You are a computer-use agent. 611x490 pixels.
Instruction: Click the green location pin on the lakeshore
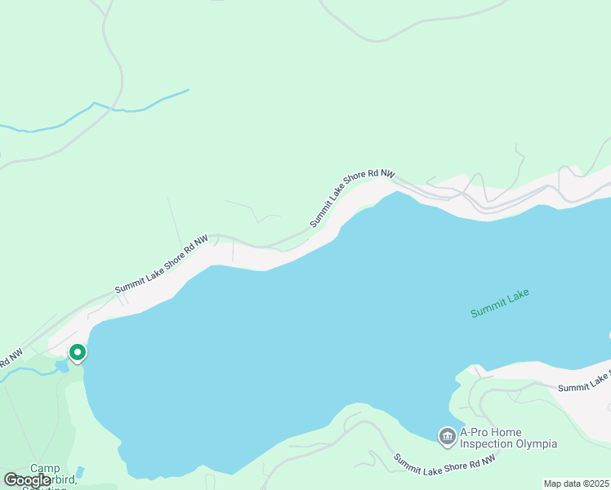coord(78,353)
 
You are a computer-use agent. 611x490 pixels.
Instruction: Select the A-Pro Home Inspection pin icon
coord(447,438)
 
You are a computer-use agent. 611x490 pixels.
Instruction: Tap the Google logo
coord(27,479)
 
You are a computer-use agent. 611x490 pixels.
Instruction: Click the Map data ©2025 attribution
coord(576,483)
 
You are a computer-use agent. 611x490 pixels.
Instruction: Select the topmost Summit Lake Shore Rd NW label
coord(352,198)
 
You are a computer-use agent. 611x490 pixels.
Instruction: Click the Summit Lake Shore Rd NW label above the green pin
coord(161,265)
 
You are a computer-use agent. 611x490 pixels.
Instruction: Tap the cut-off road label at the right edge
coord(585,381)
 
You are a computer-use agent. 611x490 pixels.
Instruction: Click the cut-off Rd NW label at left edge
coord(10,359)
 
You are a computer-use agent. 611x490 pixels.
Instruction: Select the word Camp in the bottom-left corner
coord(45,469)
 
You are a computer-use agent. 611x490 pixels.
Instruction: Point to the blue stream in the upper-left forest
coord(98,106)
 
